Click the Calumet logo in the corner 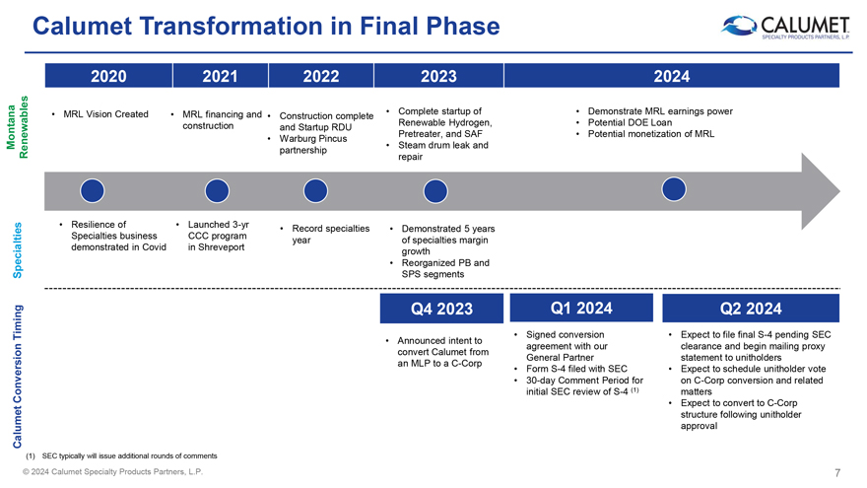coord(786,27)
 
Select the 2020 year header coord(108,76)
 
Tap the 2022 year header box coord(321,76)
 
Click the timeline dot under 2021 coord(217,191)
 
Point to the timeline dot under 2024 coord(674,189)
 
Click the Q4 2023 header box coord(441,309)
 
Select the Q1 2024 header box coord(581,308)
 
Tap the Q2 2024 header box coord(751,309)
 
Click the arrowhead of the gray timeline coord(821,191)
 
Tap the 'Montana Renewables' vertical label coord(17,127)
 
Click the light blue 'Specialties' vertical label coord(17,250)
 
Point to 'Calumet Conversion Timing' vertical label coord(17,377)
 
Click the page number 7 coord(837,472)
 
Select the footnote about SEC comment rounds coord(121,455)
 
